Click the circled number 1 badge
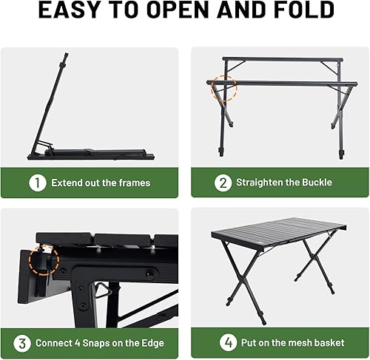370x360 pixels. pyautogui.click(x=36, y=182)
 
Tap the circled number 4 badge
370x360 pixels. pyautogui.click(x=229, y=342)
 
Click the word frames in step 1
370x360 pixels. pyautogui.click(x=133, y=183)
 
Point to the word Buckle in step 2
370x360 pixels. pyautogui.click(x=315, y=183)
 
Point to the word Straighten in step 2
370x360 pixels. pyautogui.click(x=261, y=183)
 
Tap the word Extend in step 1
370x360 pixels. pyautogui.click(x=69, y=183)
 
